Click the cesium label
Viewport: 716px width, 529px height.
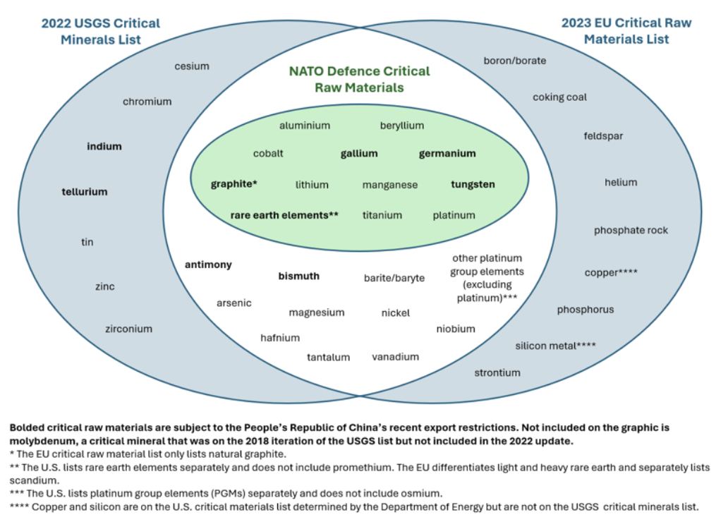click(x=192, y=66)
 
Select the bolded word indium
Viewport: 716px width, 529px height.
click(x=104, y=147)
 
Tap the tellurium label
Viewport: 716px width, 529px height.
click(x=85, y=192)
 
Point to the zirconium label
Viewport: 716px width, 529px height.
click(x=129, y=329)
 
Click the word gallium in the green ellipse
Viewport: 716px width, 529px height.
click(x=359, y=154)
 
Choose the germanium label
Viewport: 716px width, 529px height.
click(x=447, y=154)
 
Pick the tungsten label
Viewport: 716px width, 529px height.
click(x=473, y=184)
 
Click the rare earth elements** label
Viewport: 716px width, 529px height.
click(x=284, y=215)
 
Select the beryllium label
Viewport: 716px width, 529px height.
click(x=402, y=126)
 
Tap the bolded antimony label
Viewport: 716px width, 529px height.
click(x=208, y=264)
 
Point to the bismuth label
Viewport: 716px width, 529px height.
click(x=298, y=276)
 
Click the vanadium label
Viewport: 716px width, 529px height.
click(x=395, y=357)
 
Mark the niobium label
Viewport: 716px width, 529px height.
click(x=455, y=329)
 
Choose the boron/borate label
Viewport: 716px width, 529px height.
click(x=515, y=61)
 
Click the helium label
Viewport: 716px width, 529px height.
click(x=621, y=183)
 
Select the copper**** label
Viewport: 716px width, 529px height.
click(x=610, y=272)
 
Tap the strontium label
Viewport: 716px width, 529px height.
click(x=497, y=373)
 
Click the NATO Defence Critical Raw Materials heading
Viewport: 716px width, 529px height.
click(x=359, y=80)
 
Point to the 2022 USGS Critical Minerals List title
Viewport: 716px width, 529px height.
click(x=100, y=32)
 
